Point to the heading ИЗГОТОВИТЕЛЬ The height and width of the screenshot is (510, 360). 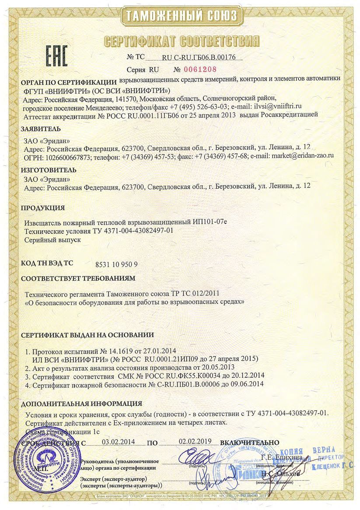coord(49,170)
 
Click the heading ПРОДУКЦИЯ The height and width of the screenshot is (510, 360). coord(43,208)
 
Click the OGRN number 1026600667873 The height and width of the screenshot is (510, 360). coord(61,155)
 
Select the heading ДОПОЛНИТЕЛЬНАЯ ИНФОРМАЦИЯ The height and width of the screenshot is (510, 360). coord(81,404)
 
